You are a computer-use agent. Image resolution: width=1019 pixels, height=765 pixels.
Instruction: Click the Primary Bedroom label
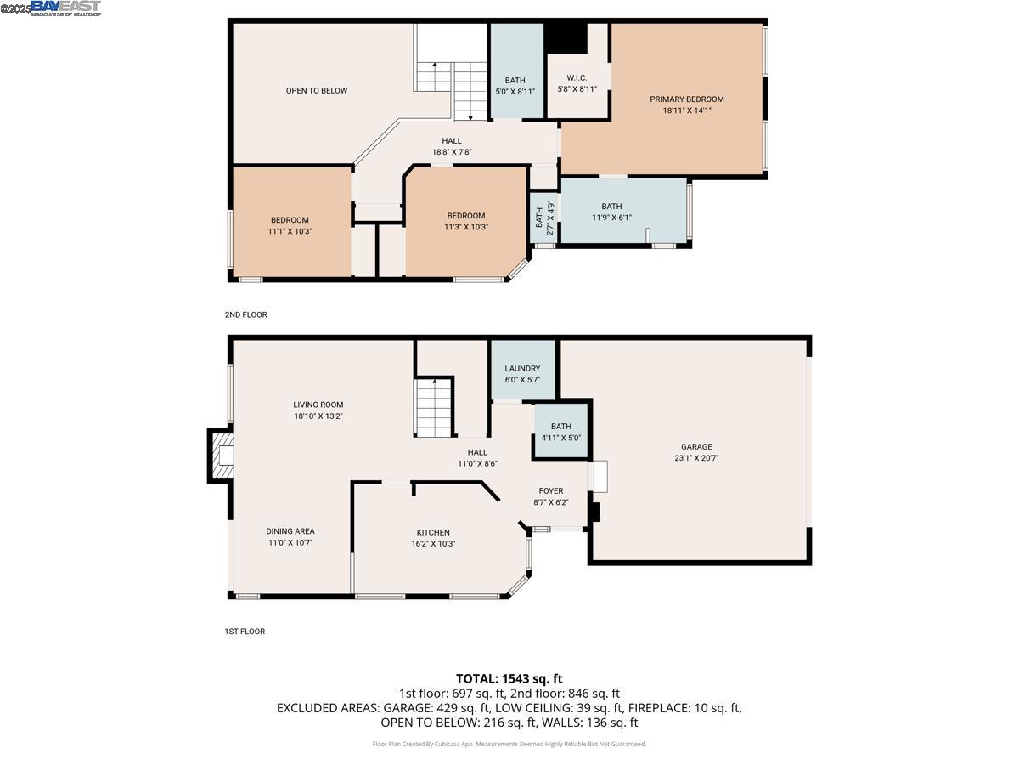[x=687, y=99]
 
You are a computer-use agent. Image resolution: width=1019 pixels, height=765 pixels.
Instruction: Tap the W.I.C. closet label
[x=577, y=78]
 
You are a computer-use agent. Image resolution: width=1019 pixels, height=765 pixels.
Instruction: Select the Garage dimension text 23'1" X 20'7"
[x=695, y=458]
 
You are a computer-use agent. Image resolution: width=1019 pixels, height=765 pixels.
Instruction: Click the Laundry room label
[x=522, y=369]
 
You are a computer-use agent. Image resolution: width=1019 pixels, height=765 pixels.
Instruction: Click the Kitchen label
[x=433, y=532]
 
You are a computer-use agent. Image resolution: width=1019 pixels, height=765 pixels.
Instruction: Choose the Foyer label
[x=550, y=491]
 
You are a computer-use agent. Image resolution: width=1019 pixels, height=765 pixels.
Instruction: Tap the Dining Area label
[x=290, y=531]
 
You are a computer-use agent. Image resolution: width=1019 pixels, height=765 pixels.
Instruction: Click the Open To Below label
[x=316, y=91]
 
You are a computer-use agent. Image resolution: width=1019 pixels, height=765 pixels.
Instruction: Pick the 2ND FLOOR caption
[x=245, y=315]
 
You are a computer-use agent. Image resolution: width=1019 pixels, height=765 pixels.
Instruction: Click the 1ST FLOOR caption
[x=245, y=632]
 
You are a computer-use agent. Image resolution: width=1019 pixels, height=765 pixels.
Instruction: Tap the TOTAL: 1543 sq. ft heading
[x=509, y=678]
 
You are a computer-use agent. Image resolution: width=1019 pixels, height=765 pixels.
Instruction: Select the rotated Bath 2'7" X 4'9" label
[x=544, y=218]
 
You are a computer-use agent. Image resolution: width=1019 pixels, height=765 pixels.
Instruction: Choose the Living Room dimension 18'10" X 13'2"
[x=318, y=416]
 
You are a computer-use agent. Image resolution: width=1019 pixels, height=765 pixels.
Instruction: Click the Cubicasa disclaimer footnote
[x=509, y=744]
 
